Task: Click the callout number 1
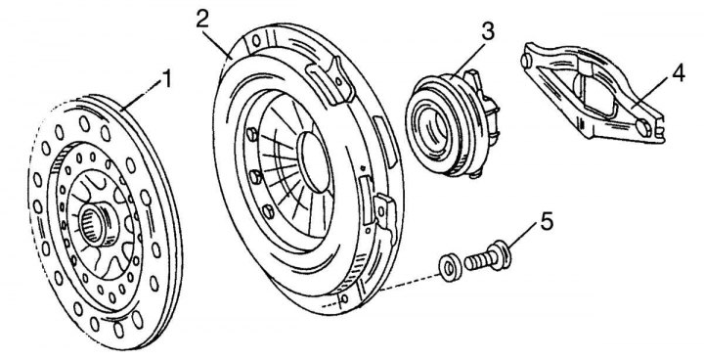(x=166, y=79)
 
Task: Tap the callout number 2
(x=203, y=19)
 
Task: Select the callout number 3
(x=488, y=32)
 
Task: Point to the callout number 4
(x=679, y=73)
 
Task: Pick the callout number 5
(x=547, y=221)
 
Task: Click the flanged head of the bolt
(x=500, y=256)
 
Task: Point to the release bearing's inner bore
(x=432, y=124)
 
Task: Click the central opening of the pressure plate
(x=317, y=161)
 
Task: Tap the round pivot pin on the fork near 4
(x=644, y=127)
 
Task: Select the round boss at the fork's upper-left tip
(x=525, y=61)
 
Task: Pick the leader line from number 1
(x=142, y=95)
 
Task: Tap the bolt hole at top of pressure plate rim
(x=256, y=41)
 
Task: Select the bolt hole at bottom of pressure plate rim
(x=344, y=298)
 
